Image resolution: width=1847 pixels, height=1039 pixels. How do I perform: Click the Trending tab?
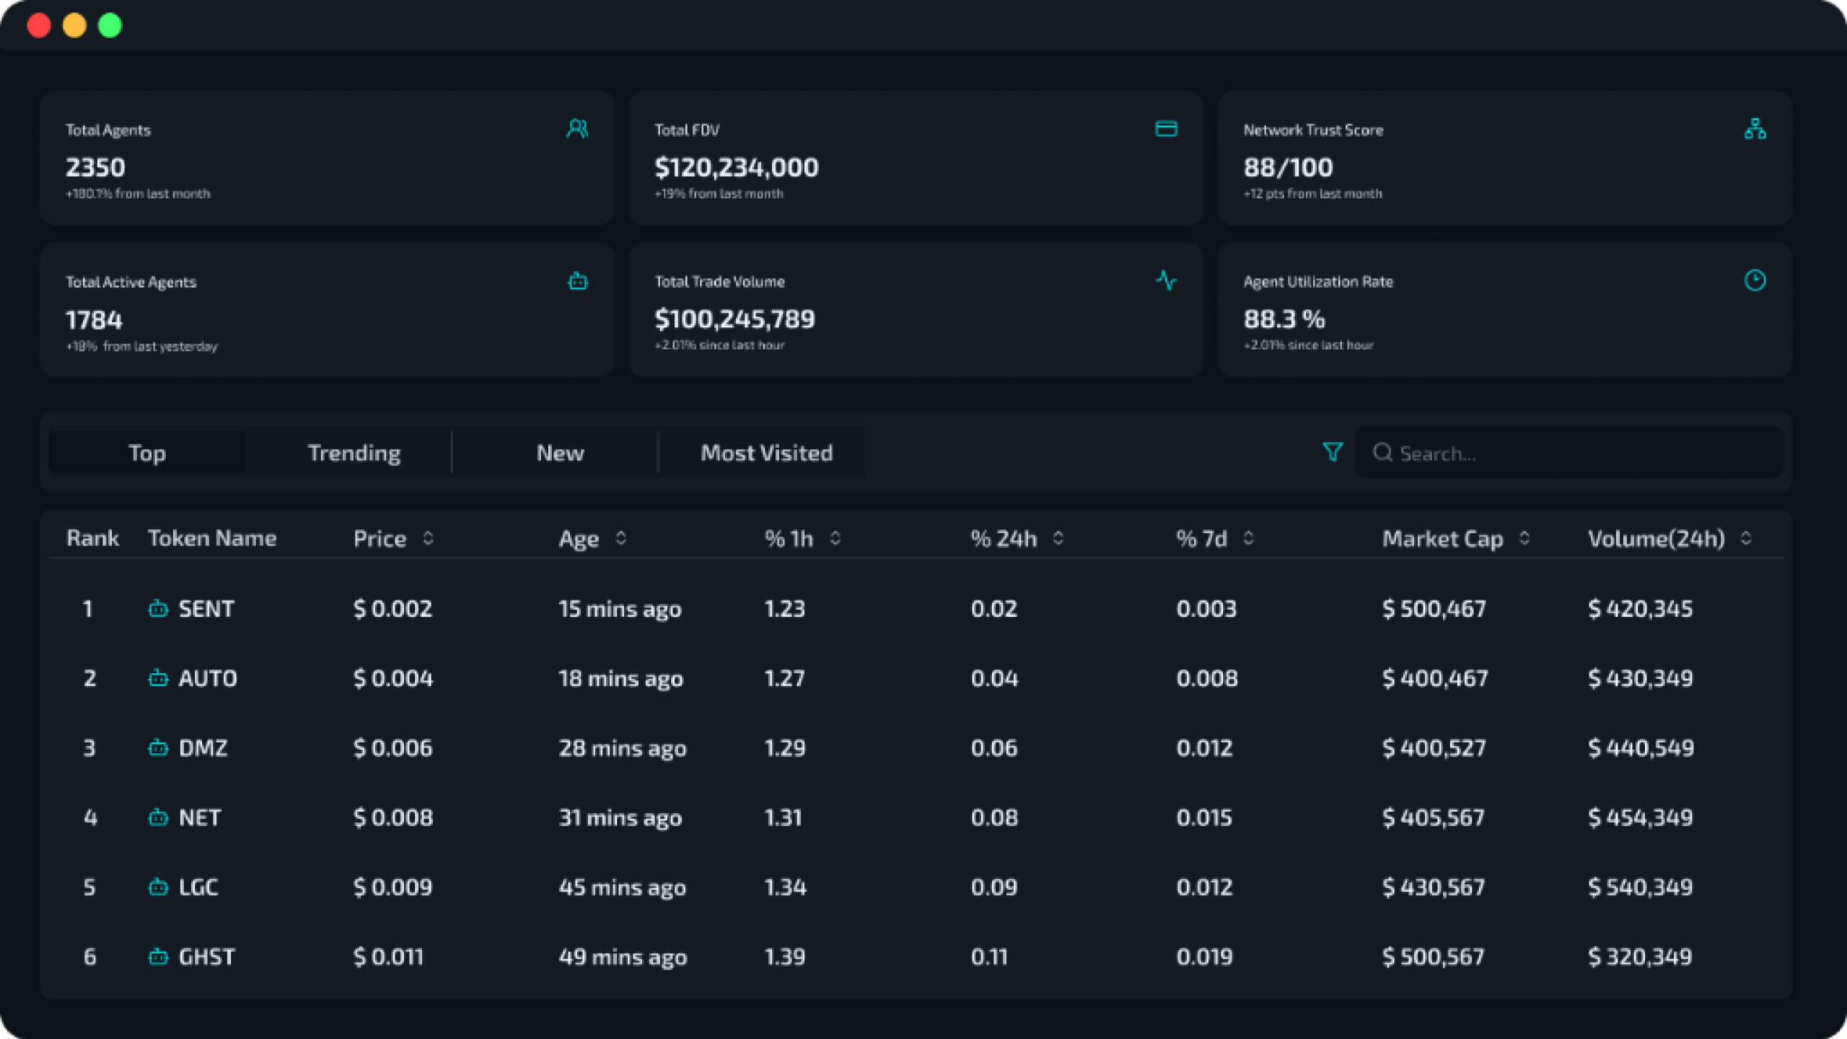click(x=354, y=453)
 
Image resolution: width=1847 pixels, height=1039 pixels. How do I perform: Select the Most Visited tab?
click(x=766, y=453)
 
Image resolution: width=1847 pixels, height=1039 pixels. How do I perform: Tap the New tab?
click(x=560, y=453)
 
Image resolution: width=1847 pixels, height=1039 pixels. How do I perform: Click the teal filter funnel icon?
click(x=1332, y=452)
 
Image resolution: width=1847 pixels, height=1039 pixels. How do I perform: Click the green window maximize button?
click(x=110, y=26)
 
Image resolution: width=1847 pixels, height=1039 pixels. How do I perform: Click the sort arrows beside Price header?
click(x=428, y=538)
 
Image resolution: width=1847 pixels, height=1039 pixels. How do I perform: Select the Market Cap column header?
click(x=1442, y=539)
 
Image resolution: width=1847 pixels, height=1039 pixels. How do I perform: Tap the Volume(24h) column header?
click(x=1656, y=539)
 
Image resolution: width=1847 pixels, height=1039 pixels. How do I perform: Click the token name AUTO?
click(x=208, y=679)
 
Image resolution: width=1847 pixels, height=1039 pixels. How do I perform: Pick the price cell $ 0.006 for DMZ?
click(x=392, y=748)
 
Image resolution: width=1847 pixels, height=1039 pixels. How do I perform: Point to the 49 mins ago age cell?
click(x=623, y=957)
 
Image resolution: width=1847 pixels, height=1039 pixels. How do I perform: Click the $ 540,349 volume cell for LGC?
click(x=1640, y=887)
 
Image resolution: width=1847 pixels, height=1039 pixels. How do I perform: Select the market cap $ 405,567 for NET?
click(x=1433, y=818)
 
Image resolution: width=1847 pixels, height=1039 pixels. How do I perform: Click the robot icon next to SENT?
click(x=158, y=609)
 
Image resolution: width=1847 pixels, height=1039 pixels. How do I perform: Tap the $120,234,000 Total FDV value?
click(x=736, y=167)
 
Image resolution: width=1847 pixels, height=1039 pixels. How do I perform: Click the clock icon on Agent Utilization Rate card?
click(x=1755, y=281)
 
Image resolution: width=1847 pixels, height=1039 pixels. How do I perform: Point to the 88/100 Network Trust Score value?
click(x=1288, y=167)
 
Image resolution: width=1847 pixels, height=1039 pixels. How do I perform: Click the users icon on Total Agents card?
click(x=577, y=129)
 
